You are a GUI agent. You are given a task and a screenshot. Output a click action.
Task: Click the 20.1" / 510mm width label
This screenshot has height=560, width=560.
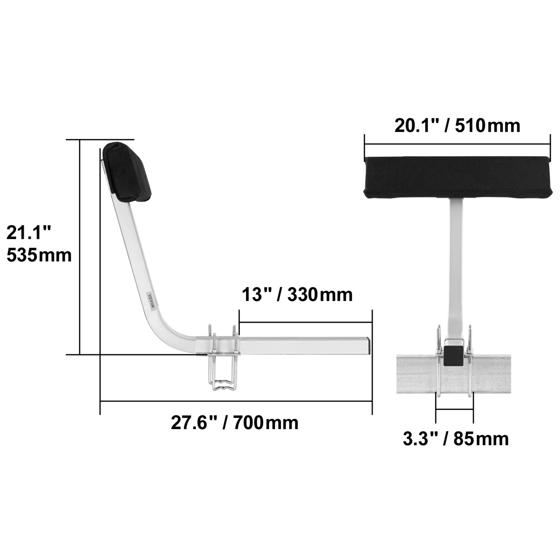click(457, 125)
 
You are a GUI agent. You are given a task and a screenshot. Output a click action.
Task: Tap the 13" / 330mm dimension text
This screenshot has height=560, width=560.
click(297, 295)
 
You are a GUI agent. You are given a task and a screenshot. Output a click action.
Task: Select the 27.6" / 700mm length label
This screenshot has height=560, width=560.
click(234, 423)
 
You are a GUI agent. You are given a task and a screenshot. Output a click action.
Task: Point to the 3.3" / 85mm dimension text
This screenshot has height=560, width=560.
click(455, 439)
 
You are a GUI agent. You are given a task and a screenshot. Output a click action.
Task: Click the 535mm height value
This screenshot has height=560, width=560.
click(39, 255)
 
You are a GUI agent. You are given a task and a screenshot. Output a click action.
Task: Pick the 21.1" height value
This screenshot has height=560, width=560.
click(28, 233)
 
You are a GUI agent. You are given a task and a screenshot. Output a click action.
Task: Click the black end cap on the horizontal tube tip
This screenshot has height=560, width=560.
click(369, 346)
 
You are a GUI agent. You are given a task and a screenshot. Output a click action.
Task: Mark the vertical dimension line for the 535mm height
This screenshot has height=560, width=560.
click(80, 246)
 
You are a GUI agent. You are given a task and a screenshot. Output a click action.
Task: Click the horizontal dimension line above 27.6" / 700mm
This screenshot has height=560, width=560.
click(235, 401)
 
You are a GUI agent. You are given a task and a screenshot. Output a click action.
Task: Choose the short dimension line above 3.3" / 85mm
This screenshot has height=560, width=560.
click(454, 410)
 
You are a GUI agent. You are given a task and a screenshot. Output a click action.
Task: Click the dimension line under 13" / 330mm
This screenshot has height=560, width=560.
click(305, 322)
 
